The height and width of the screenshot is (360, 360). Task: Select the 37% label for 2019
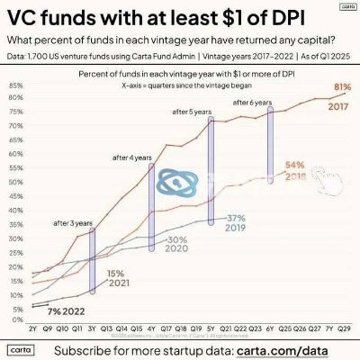click(x=236, y=218)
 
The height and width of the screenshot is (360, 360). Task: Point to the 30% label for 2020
click(x=176, y=240)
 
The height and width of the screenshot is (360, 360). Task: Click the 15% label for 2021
click(x=115, y=273)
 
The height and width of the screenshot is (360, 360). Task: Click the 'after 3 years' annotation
click(x=72, y=221)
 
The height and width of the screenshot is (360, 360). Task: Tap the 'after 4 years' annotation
click(x=131, y=157)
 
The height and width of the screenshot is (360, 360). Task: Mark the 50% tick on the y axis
click(x=16, y=183)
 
